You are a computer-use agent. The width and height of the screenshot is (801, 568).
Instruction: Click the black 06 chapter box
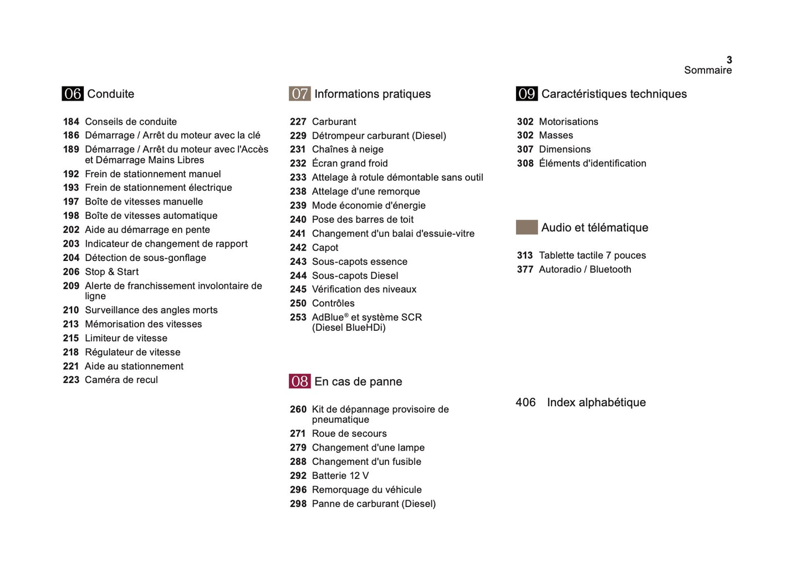pyautogui.click(x=73, y=94)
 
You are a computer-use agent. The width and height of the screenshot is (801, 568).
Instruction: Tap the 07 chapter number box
pyautogui.click(x=299, y=94)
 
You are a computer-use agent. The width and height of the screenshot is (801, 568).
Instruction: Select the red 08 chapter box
pyautogui.click(x=299, y=381)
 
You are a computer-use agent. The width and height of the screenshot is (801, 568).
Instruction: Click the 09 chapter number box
pyautogui.click(x=527, y=94)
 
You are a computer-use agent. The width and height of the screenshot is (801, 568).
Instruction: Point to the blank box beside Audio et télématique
pyautogui.click(x=527, y=227)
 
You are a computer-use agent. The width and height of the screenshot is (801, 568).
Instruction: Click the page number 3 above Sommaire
pyautogui.click(x=729, y=60)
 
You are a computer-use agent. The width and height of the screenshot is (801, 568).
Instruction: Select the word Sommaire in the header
pyautogui.click(x=708, y=70)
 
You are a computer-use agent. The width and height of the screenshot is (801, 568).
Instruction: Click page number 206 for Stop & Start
pyautogui.click(x=71, y=272)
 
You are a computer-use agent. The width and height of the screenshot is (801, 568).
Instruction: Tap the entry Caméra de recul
pyautogui.click(x=121, y=380)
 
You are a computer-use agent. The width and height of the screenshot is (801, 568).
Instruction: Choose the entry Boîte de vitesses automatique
pyautogui.click(x=151, y=216)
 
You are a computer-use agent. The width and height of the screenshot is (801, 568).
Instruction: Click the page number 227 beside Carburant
pyautogui.click(x=298, y=122)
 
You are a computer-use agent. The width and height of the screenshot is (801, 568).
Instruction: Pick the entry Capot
pyautogui.click(x=325, y=248)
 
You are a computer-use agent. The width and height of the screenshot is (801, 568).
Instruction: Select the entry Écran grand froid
pyautogui.click(x=350, y=163)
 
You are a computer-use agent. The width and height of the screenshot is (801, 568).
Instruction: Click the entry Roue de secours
pyautogui.click(x=349, y=434)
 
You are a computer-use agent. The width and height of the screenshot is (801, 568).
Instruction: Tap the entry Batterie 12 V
pyautogui.click(x=340, y=476)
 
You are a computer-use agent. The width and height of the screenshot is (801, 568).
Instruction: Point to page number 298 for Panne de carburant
pyautogui.click(x=298, y=504)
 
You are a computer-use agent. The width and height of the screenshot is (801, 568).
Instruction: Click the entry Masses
pyautogui.click(x=556, y=135)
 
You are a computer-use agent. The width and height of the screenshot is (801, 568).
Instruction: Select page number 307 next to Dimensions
pyautogui.click(x=525, y=150)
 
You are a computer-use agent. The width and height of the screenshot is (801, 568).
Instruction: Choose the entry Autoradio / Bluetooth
pyautogui.click(x=585, y=269)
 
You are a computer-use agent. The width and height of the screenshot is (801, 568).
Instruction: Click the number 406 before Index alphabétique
pyautogui.click(x=526, y=402)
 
